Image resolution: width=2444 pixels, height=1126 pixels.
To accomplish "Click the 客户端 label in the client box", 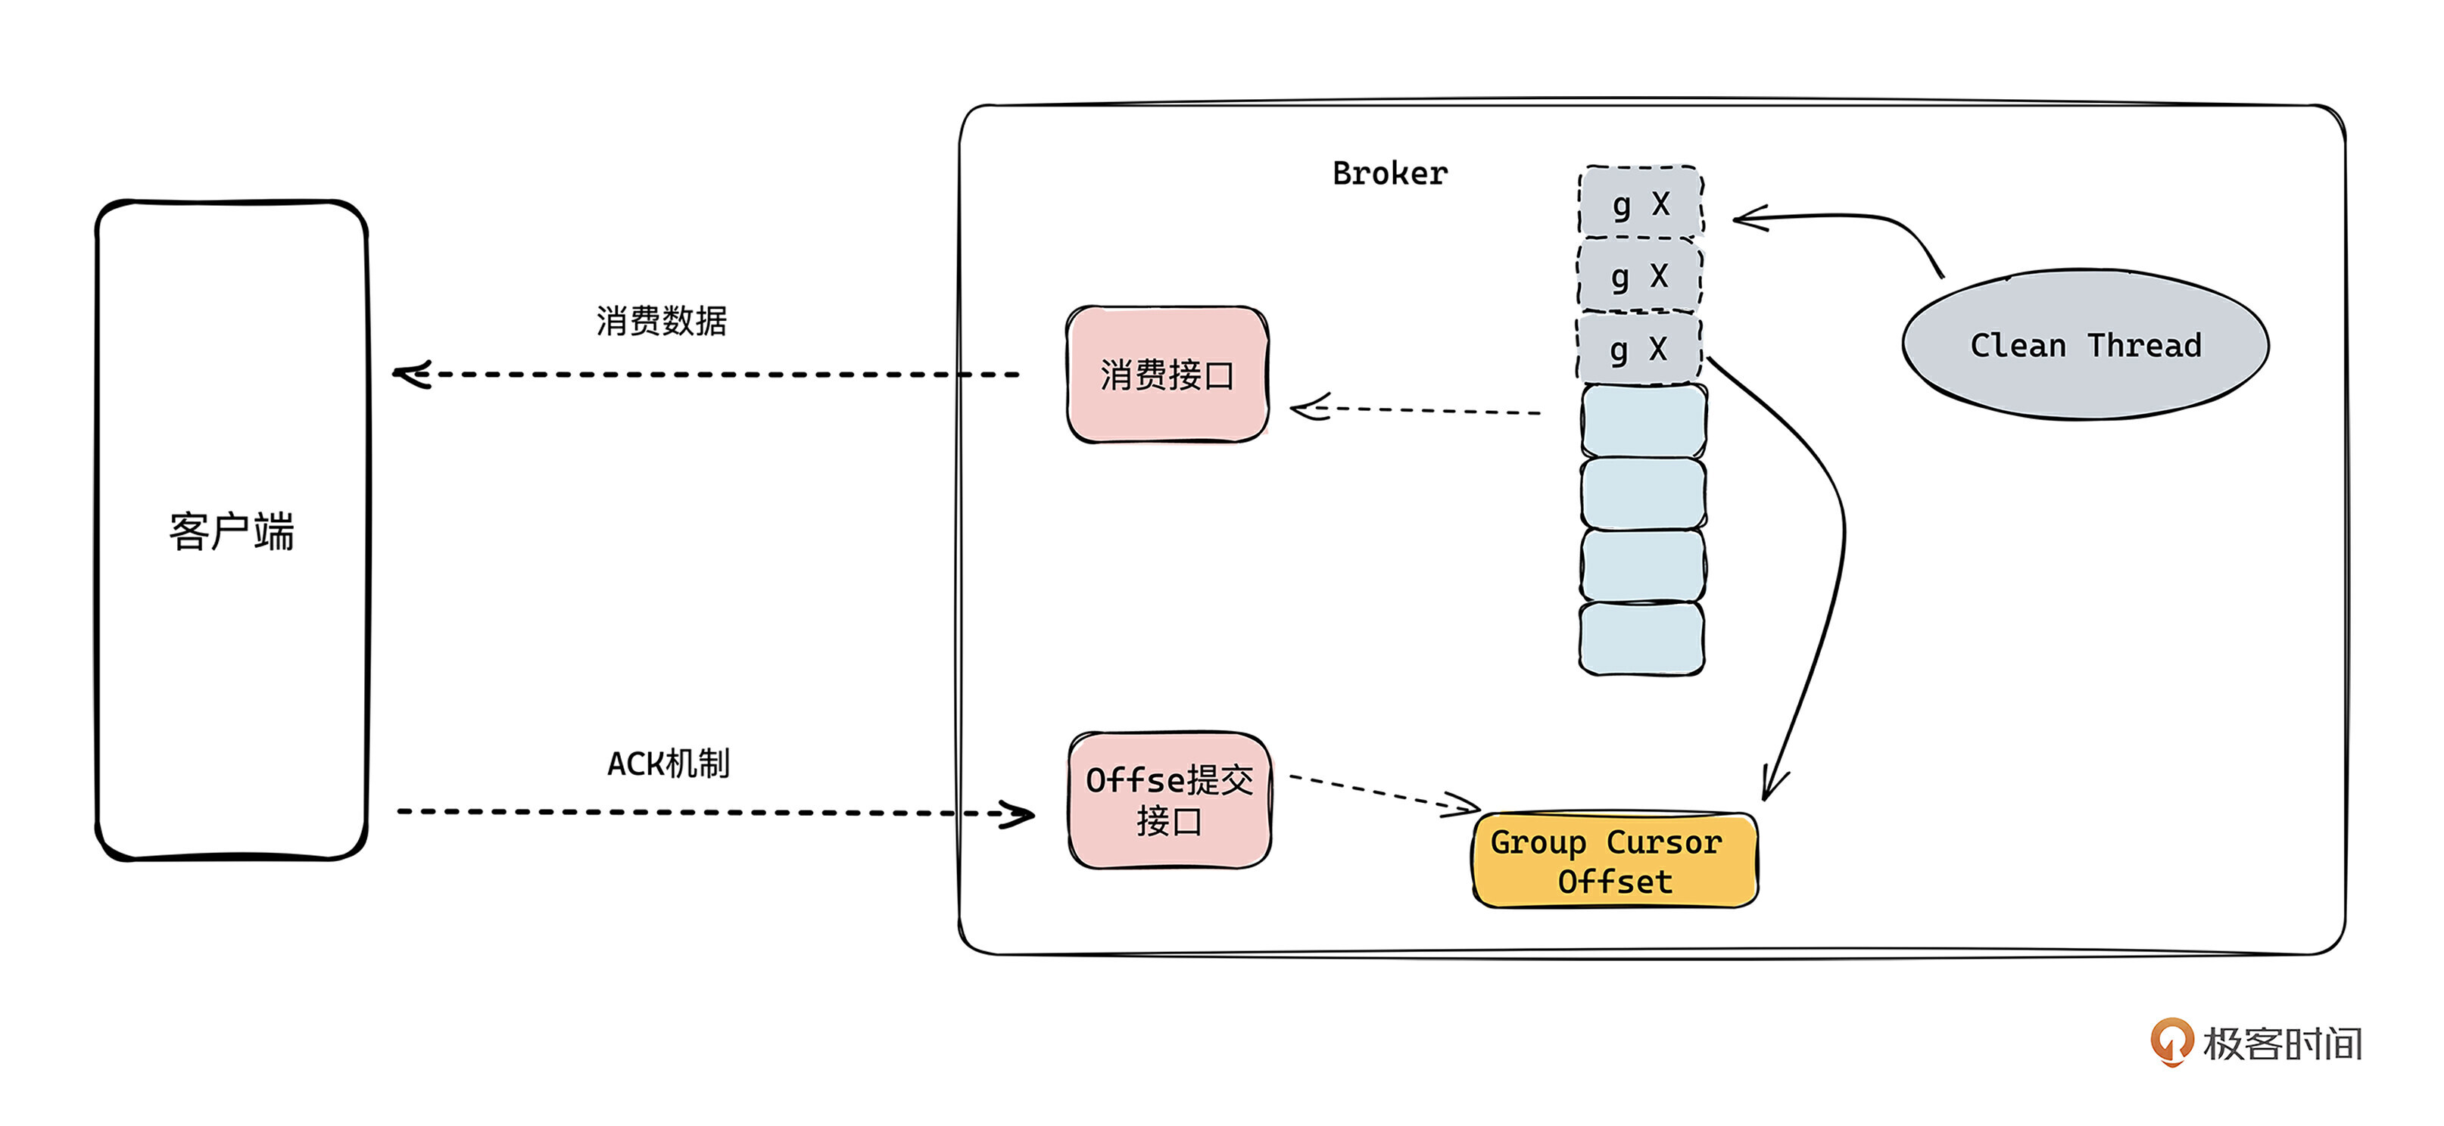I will (x=232, y=531).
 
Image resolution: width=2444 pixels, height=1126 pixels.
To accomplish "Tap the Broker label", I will (x=1389, y=173).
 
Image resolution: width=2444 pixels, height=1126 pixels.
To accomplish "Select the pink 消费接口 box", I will (x=1167, y=375).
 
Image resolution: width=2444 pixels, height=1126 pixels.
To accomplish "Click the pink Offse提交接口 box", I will (x=1169, y=800).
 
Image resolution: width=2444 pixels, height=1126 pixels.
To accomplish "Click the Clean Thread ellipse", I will (x=2084, y=344).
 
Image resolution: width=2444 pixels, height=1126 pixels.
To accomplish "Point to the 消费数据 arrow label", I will (x=661, y=321).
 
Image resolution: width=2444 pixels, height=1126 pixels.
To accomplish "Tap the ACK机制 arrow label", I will (x=668, y=764).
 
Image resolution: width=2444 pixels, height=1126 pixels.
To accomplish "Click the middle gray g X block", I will (x=1639, y=276).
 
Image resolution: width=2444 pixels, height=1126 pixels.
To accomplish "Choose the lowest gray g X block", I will (x=1638, y=349).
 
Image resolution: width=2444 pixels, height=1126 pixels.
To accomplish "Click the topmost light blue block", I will (x=1643, y=420).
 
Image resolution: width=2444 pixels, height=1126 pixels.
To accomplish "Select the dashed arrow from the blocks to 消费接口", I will (x=1414, y=411).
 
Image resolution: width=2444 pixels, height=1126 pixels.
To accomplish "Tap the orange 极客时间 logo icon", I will (x=2170, y=1040).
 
